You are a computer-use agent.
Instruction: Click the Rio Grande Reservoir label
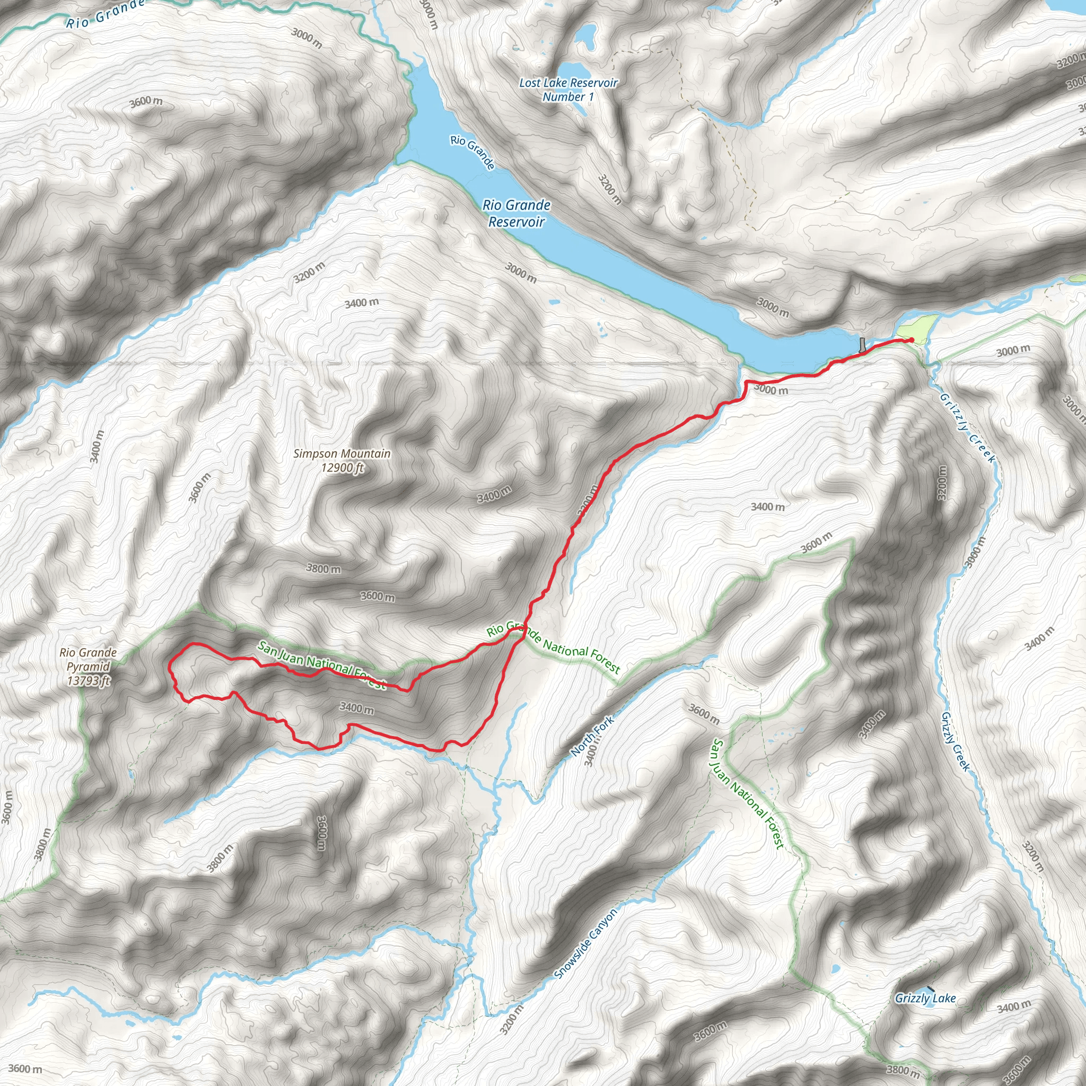click(x=516, y=214)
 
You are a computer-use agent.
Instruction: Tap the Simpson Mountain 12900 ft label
click(x=342, y=461)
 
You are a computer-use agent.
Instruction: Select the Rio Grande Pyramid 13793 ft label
click(x=88, y=667)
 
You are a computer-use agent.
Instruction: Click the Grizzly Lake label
click(x=925, y=998)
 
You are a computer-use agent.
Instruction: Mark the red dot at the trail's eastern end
click(x=910, y=340)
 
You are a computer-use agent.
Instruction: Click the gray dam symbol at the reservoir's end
click(x=863, y=345)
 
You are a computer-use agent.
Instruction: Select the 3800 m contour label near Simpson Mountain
click(x=323, y=568)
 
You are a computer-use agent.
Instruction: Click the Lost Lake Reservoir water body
click(x=584, y=37)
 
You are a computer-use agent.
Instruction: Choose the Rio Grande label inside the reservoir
click(x=472, y=152)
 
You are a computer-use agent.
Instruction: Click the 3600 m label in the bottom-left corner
click(x=25, y=1069)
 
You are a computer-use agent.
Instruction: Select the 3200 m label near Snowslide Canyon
click(x=512, y=1018)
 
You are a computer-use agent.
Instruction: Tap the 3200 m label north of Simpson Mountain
click(x=309, y=272)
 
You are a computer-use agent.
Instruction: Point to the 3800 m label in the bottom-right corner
click(x=903, y=1069)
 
